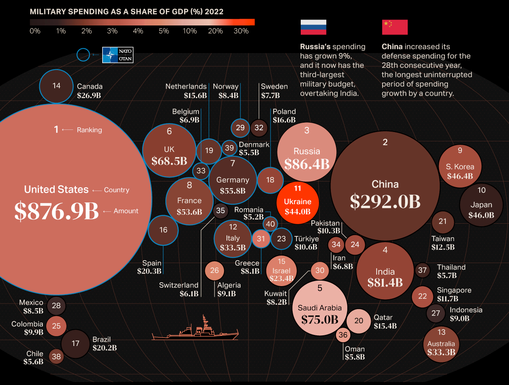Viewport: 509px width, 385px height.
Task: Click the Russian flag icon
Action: pyautogui.click(x=313, y=27)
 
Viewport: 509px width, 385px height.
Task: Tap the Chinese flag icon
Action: pyautogui.click(x=394, y=27)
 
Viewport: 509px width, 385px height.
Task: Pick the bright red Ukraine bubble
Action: pyautogui.click(x=297, y=200)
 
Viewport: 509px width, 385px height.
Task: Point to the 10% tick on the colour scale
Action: pyautogui.click(x=190, y=31)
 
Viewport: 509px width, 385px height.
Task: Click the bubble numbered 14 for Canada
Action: pyautogui.click(x=56, y=86)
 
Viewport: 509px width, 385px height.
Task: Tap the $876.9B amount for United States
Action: pyautogui.click(x=56, y=211)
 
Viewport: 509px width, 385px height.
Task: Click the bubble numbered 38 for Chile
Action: pyautogui.click(x=56, y=357)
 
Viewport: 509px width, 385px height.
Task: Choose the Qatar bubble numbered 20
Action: pyautogui.click(x=359, y=320)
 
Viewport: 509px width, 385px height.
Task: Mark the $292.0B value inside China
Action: pyautogui.click(x=385, y=202)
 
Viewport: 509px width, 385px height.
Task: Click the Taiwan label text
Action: pyautogui.click(x=443, y=239)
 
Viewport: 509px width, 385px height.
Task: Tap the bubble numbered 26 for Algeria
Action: pyautogui.click(x=215, y=270)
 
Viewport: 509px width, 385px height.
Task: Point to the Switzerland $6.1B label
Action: pyautogui.click(x=179, y=289)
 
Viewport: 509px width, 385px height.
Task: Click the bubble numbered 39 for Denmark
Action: pyautogui.click(x=229, y=148)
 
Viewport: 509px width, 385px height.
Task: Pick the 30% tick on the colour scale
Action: pyautogui.click(x=241, y=31)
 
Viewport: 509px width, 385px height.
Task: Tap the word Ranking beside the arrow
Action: pyautogui.click(x=89, y=130)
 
